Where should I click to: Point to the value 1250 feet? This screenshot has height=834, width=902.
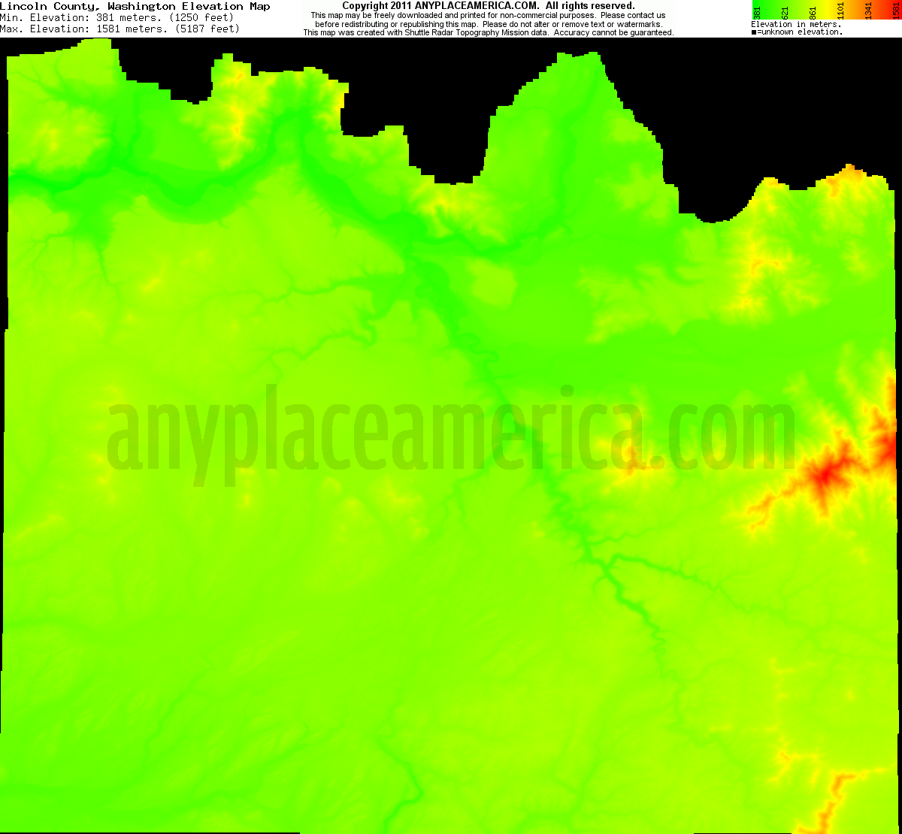tap(203, 17)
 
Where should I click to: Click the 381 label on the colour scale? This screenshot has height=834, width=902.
tap(757, 12)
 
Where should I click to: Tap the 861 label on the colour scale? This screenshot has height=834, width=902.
tap(813, 12)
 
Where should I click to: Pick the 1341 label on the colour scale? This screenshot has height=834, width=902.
tap(869, 12)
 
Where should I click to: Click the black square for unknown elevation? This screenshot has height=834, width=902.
tap(754, 32)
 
